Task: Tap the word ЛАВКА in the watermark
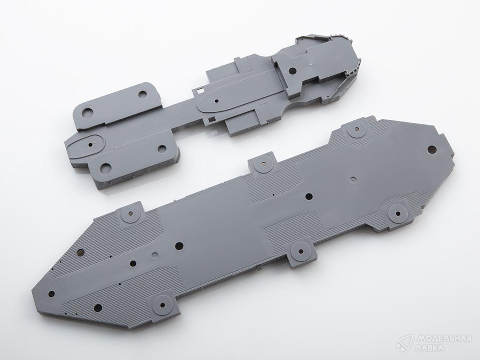coord(429,348)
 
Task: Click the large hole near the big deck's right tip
coord(432,150)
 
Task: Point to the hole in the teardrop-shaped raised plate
coord(217,100)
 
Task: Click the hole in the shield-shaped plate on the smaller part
coord(91,143)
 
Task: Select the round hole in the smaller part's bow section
coord(293,71)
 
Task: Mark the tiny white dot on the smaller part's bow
coord(310,64)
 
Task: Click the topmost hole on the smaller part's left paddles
coord(142,94)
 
